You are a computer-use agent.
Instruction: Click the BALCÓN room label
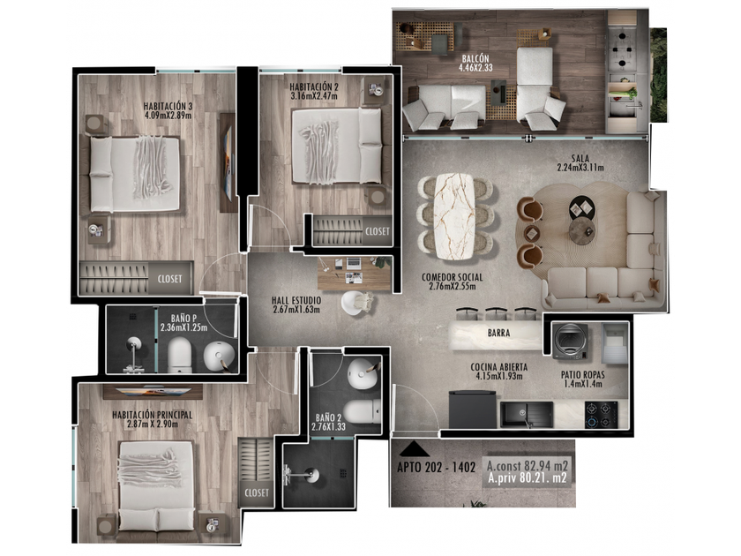[475, 58]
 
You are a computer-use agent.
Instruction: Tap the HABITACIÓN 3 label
[168, 106]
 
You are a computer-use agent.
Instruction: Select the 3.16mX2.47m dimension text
[314, 96]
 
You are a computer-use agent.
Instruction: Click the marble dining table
[454, 216]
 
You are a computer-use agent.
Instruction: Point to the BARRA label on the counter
[498, 334]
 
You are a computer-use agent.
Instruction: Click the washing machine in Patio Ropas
[571, 341]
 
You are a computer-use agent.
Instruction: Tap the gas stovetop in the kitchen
[601, 415]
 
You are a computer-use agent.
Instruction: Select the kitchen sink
[527, 415]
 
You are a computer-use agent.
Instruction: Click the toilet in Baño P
[180, 354]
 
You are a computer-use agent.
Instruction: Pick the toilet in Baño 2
[362, 411]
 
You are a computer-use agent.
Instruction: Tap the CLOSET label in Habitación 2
[378, 231]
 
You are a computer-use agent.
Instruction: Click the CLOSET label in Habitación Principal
[257, 492]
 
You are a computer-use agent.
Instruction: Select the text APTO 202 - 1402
[436, 468]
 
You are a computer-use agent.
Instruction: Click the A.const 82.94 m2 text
[528, 465]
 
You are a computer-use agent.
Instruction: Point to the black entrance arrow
[414, 448]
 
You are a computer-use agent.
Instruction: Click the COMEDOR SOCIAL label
[453, 277]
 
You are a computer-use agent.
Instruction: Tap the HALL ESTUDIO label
[296, 301]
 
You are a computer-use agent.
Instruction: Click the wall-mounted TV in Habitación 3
[228, 163]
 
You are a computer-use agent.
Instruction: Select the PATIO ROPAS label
[583, 375]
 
